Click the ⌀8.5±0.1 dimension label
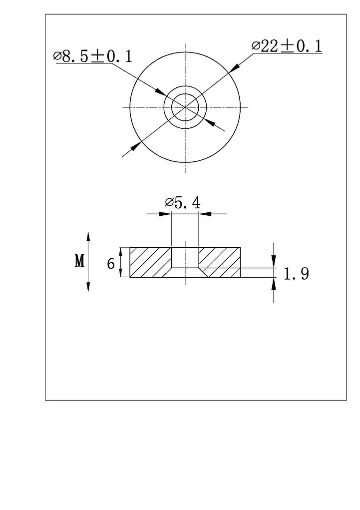click(x=93, y=56)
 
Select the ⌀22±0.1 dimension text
click(x=287, y=46)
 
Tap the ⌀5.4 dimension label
click(x=183, y=203)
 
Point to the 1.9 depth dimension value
click(x=296, y=274)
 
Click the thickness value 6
click(x=111, y=263)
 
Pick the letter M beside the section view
click(x=80, y=261)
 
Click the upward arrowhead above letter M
click(x=88, y=236)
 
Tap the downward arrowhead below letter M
click(x=88, y=287)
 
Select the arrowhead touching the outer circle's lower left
click(x=135, y=146)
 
